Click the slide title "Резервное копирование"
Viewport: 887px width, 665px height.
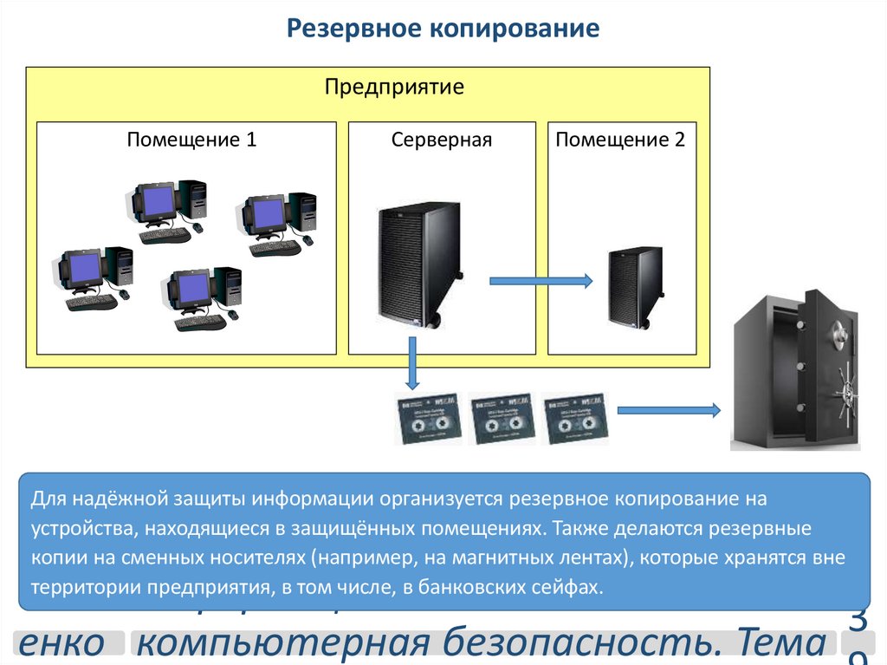443,29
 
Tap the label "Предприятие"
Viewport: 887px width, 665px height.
394,87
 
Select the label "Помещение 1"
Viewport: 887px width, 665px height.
191,140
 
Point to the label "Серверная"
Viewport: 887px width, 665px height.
441,140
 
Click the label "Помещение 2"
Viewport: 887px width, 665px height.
620,140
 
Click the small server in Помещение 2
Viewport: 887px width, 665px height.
634,287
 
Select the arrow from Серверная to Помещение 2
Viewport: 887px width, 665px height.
541,280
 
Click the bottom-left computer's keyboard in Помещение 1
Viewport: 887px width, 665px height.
91,303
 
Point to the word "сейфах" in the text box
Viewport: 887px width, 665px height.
569,586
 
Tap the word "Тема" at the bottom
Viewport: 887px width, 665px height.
779,642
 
